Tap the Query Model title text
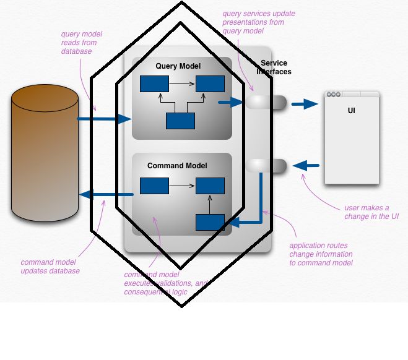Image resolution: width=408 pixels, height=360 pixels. [178, 66]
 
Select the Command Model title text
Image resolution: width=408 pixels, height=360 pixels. [177, 166]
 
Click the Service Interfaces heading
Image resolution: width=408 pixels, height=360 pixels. [274, 67]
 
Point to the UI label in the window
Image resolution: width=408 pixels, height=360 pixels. [352, 111]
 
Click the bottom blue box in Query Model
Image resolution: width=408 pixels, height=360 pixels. [180, 121]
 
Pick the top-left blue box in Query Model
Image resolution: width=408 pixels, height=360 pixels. [154, 84]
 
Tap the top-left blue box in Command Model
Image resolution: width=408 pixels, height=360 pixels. [154, 185]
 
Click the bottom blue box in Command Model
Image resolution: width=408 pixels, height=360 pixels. [211, 223]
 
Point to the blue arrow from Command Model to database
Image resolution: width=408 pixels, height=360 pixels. [106, 195]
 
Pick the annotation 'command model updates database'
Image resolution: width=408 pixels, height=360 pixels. [50, 267]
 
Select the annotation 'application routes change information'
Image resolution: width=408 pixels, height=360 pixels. [321, 254]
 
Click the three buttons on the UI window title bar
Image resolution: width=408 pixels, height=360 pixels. [334, 95]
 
